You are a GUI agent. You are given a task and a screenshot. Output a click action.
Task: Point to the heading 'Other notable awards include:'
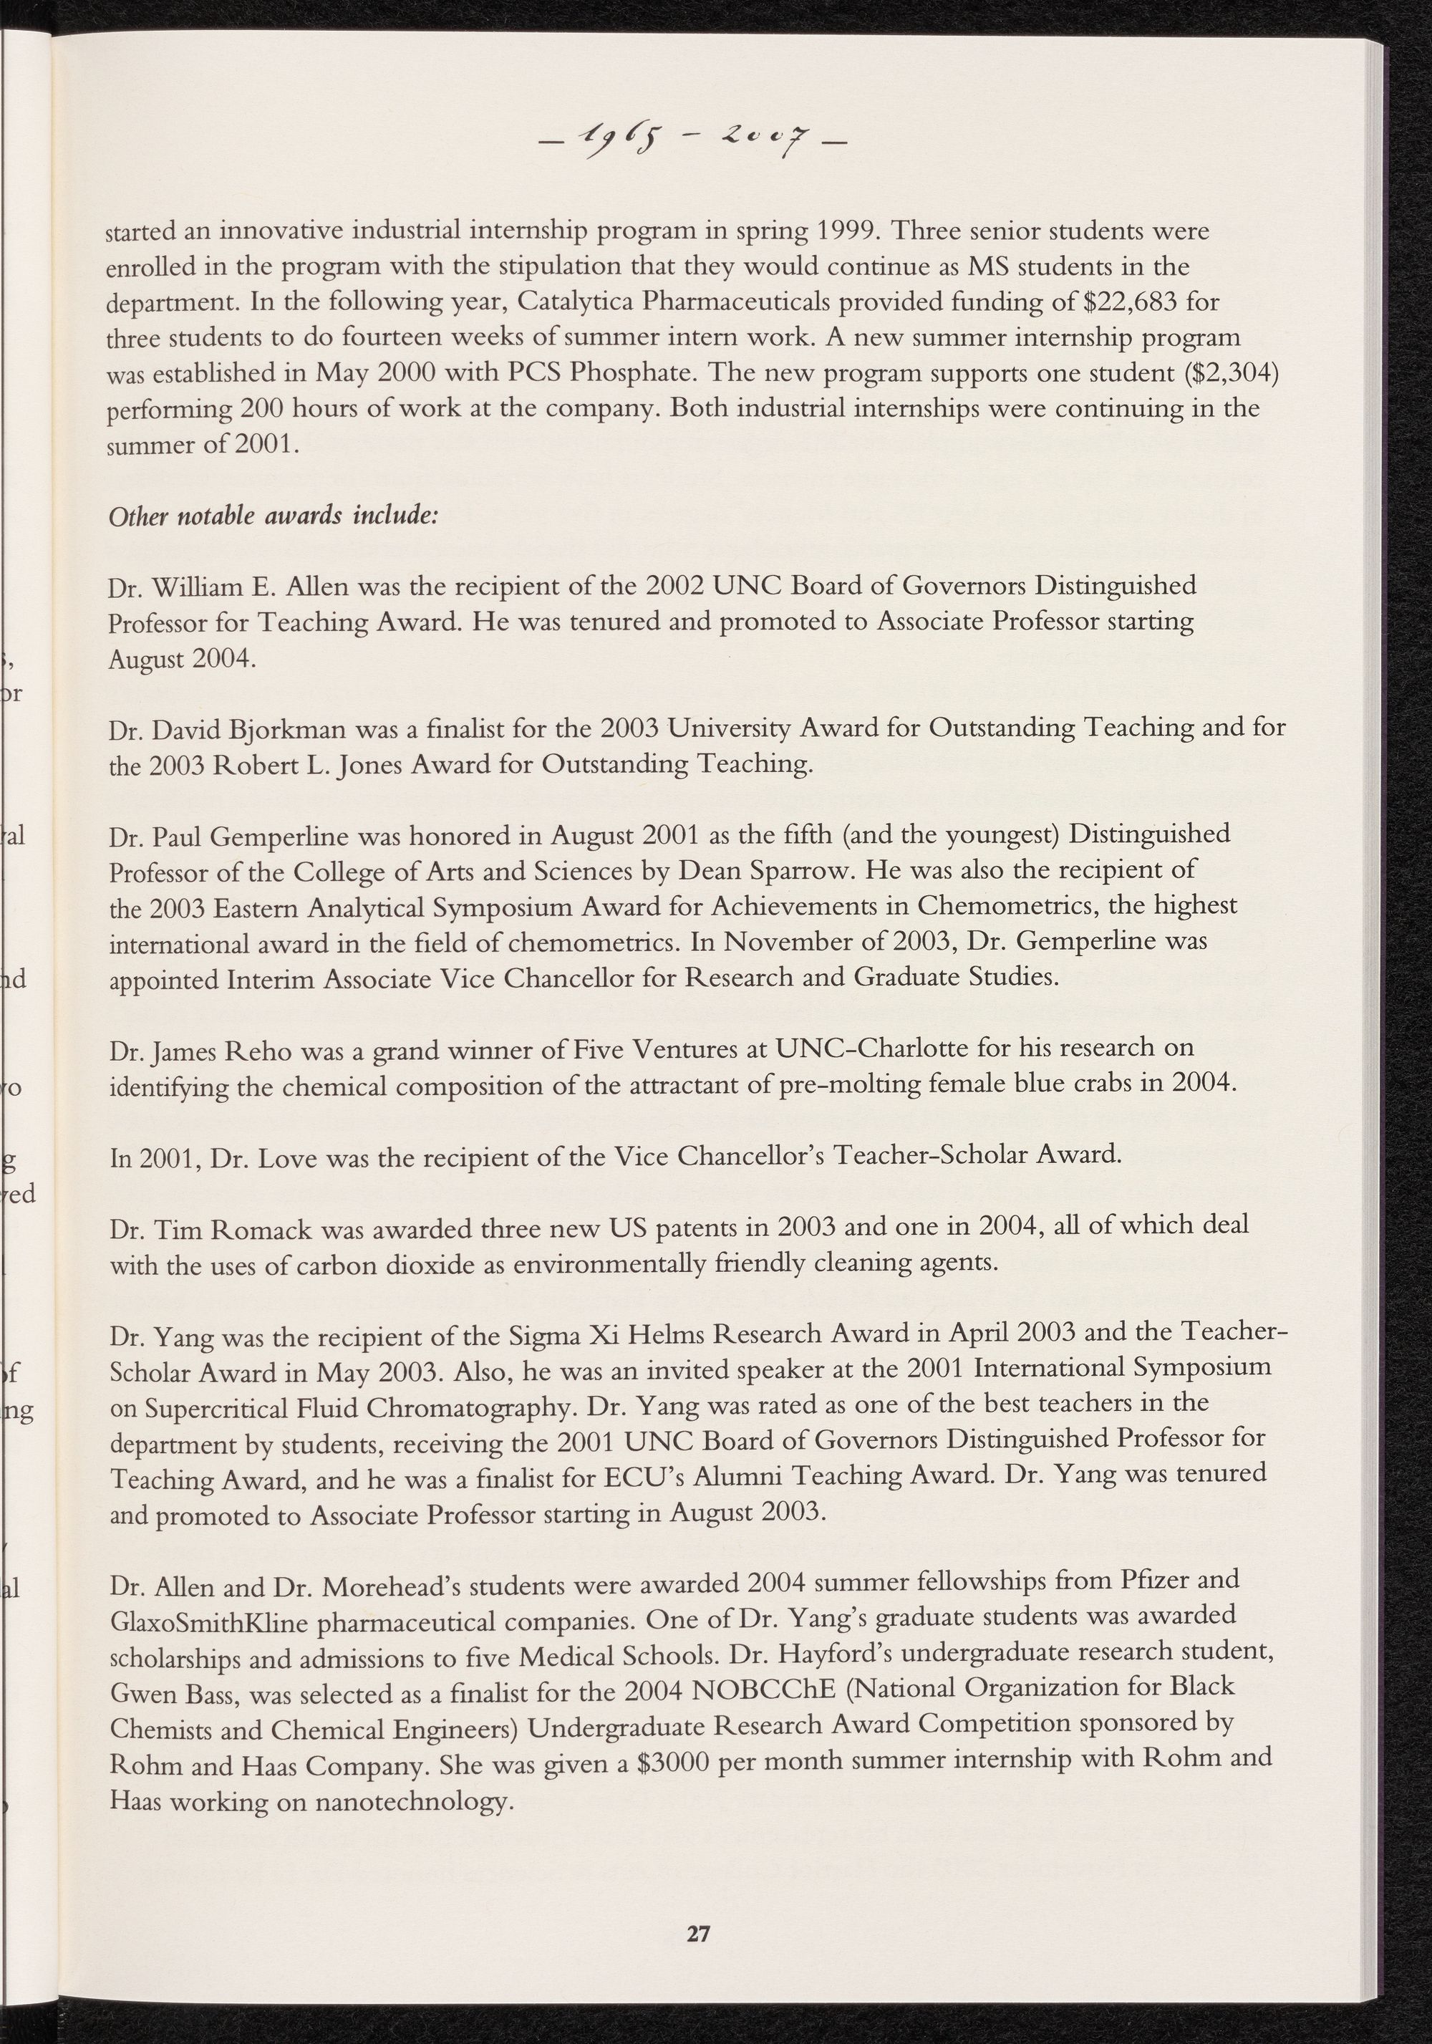[271, 517]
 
